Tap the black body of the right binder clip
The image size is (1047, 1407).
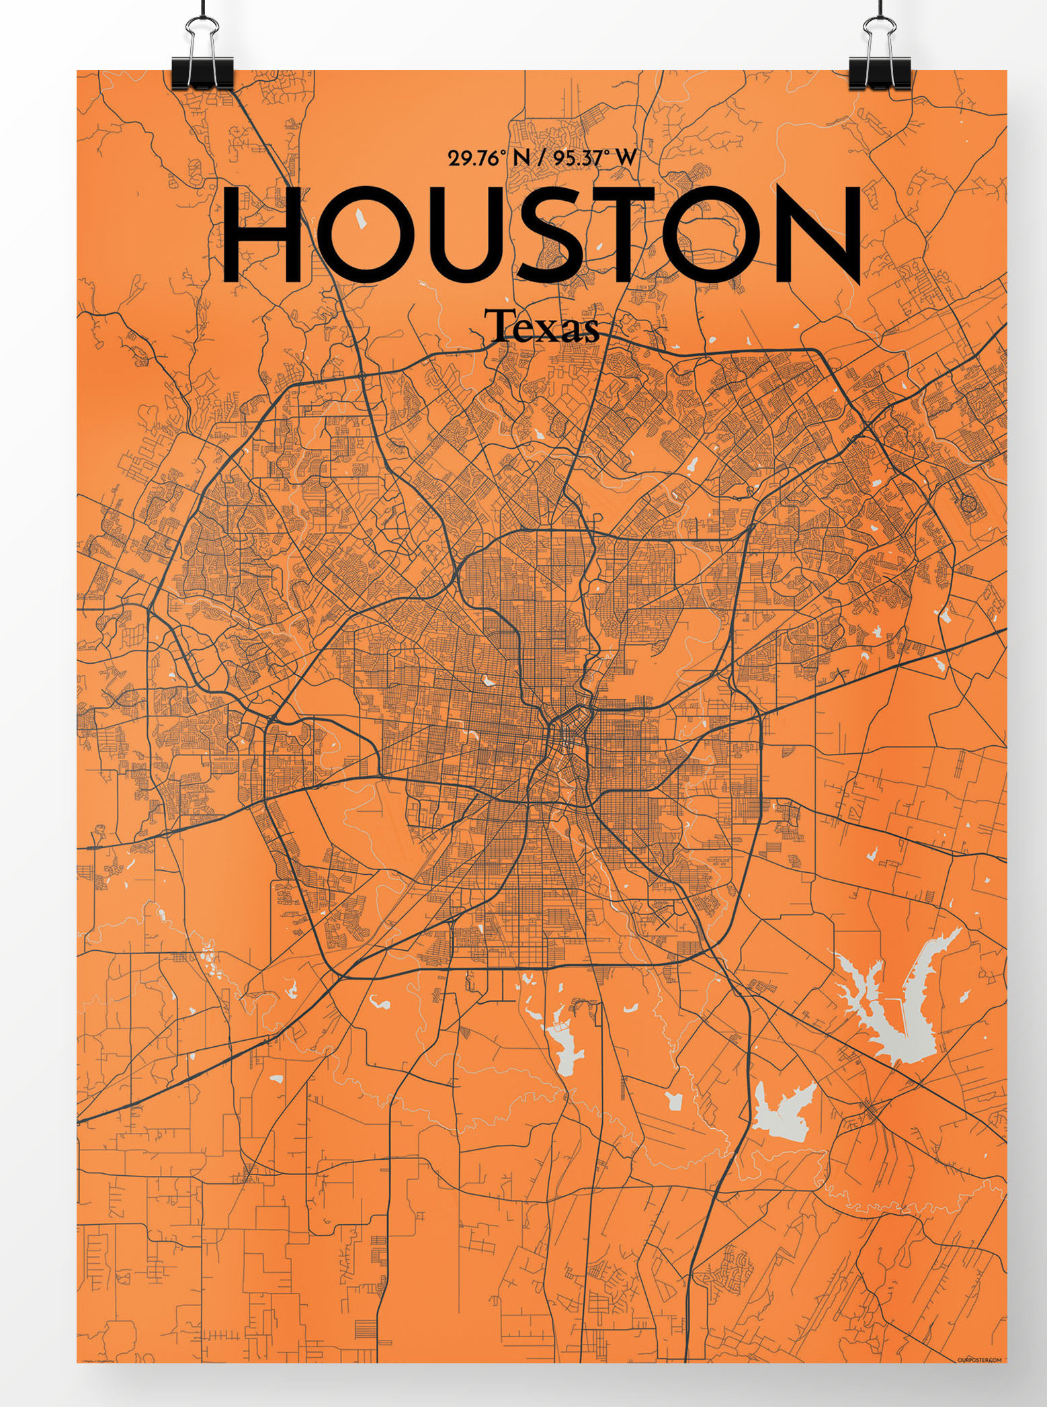880,73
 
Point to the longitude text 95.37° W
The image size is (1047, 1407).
592,159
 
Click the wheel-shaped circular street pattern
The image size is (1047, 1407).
968,502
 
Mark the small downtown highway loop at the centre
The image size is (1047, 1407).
568,729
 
